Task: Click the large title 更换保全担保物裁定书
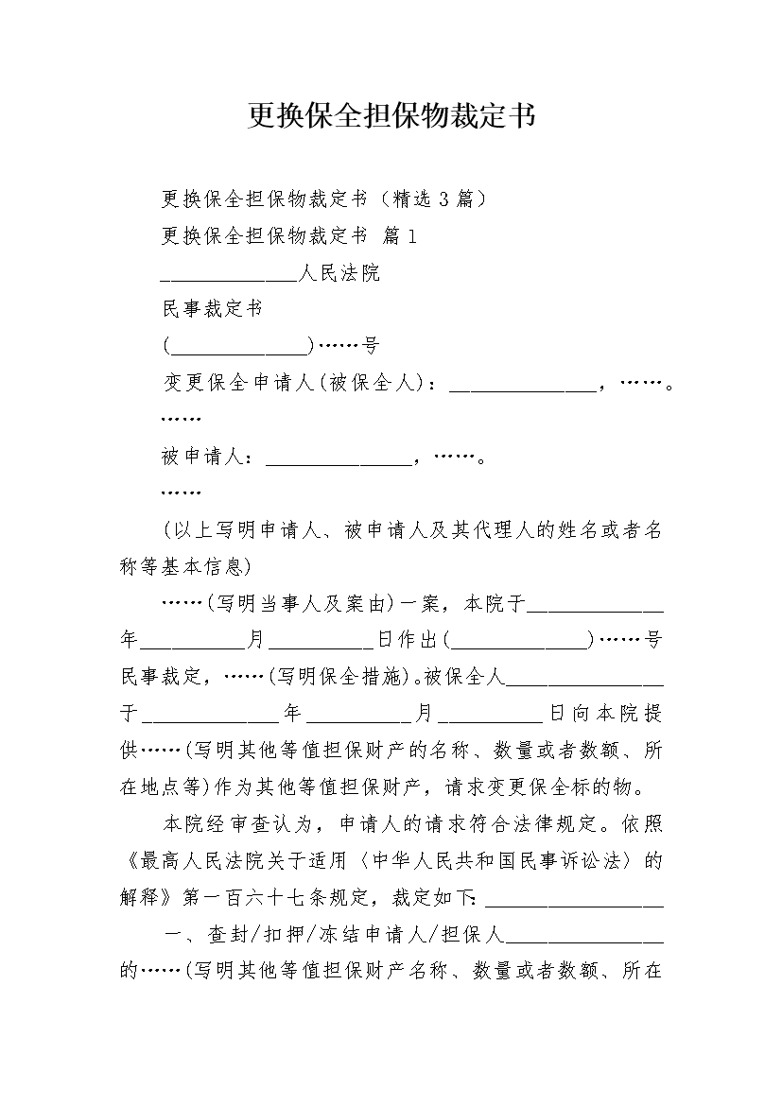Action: point(391,115)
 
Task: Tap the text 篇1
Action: point(399,236)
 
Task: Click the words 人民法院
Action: point(339,273)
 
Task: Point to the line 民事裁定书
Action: point(213,309)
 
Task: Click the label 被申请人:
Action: point(207,457)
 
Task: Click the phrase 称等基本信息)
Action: point(186,566)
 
